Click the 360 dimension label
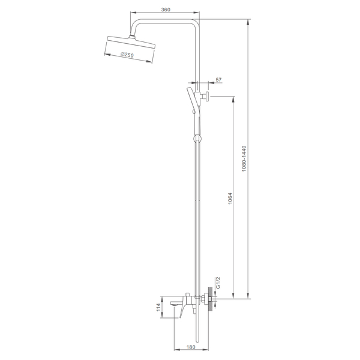coord(166,10)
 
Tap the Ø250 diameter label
coord(127,55)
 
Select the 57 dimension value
coord(218,80)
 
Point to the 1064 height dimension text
coord(230,199)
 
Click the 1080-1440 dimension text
coord(244,158)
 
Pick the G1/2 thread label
coord(218,283)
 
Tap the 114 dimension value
coord(158,307)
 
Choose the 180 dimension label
coord(191,347)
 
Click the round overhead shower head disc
coord(131,42)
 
